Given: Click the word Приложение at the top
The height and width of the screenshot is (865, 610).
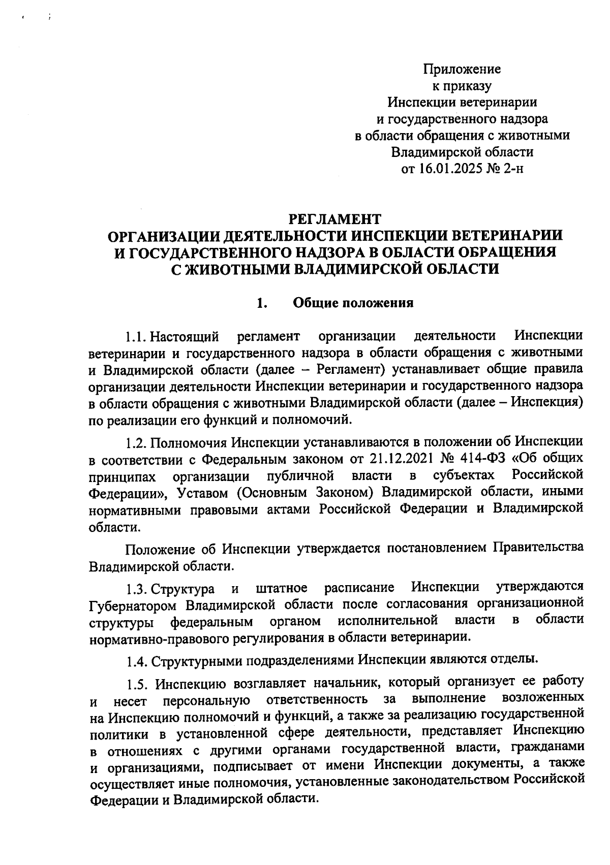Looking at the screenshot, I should click(x=462, y=69).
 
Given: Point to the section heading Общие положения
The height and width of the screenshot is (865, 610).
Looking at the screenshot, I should click(x=353, y=304).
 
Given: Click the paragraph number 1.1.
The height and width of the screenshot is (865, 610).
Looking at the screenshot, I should click(x=136, y=337).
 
